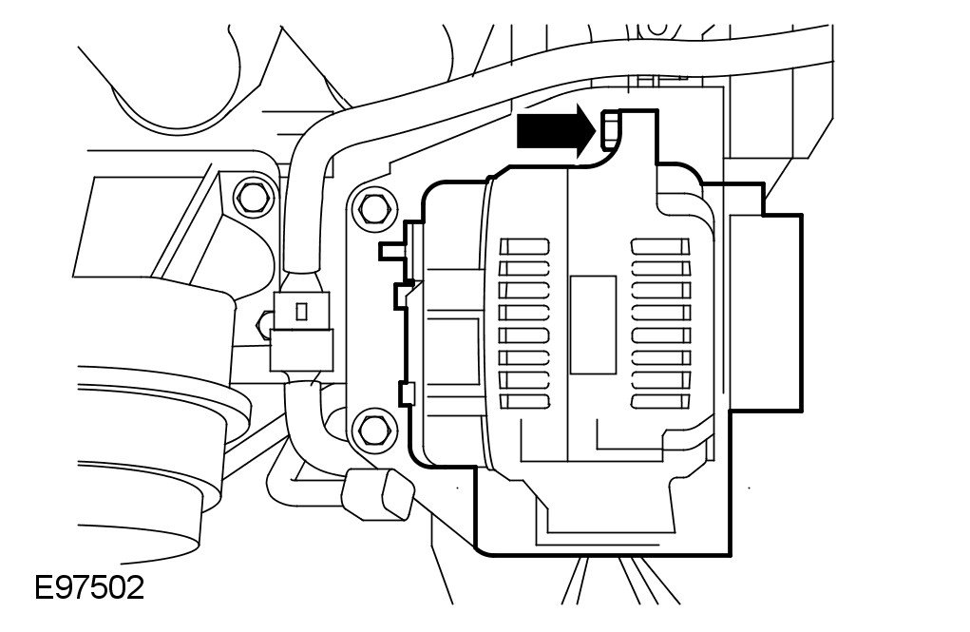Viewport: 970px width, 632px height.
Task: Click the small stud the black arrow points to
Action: tap(610, 128)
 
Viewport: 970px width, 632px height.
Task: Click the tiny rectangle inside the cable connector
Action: tap(301, 310)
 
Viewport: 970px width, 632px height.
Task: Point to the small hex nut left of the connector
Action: tap(261, 325)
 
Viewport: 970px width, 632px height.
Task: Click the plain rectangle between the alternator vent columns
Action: tap(591, 324)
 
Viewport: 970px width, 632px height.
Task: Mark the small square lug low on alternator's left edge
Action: tap(408, 393)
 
